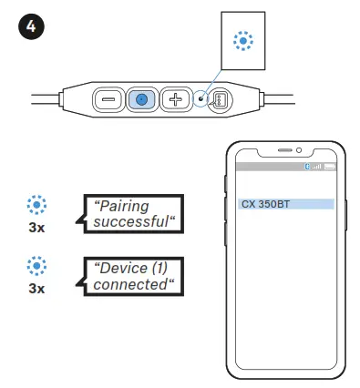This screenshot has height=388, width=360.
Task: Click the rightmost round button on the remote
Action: pos(220,100)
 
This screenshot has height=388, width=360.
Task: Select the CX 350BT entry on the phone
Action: pos(285,204)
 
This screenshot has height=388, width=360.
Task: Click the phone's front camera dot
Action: pos(301,149)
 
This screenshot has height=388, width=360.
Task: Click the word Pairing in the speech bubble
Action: pos(123,206)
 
